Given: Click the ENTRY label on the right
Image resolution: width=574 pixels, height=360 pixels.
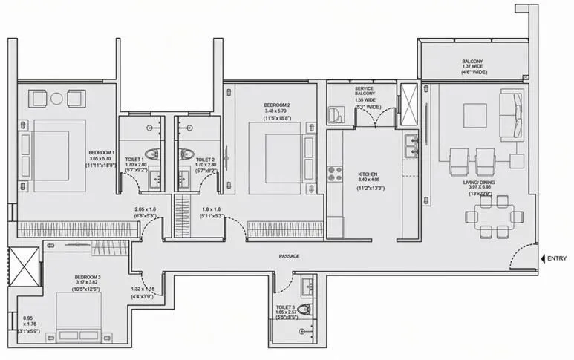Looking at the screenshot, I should pyautogui.click(x=557, y=258).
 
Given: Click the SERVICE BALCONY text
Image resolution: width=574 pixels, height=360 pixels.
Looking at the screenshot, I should pyautogui.click(x=364, y=93).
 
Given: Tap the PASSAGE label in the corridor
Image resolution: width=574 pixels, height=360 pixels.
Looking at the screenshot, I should pyautogui.click(x=290, y=256).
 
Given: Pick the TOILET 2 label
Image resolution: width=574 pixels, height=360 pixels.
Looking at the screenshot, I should pyautogui.click(x=205, y=159).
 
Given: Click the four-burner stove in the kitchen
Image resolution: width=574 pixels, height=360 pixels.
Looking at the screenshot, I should pyautogui.click(x=334, y=174).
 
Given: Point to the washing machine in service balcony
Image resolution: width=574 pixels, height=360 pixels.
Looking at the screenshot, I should pyautogui.click(x=336, y=114).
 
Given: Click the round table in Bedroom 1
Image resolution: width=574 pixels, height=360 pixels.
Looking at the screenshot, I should pyautogui.click(x=57, y=97).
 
